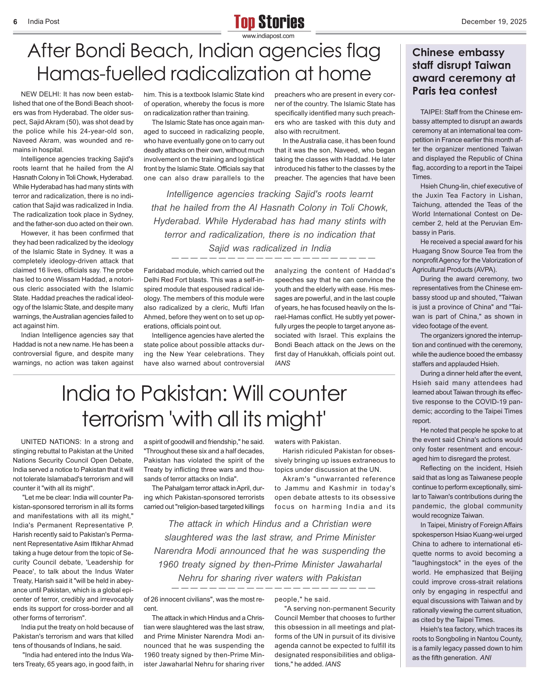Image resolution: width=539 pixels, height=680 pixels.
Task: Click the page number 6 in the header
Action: pyautogui.click(x=15, y=22)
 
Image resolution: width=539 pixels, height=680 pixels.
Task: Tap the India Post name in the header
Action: pyautogui.click(x=43, y=22)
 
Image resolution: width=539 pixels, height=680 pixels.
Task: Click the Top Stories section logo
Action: pyautogui.click(x=269, y=22)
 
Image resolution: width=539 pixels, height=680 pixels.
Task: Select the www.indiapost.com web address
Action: pyautogui.click(x=268, y=36)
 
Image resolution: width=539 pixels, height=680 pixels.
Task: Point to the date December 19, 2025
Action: pyautogui.click(x=494, y=22)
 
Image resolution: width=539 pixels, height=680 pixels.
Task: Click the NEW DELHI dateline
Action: pyautogui.click(x=40, y=94)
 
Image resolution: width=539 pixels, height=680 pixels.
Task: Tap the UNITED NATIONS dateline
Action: pyautogui.click(x=50, y=442)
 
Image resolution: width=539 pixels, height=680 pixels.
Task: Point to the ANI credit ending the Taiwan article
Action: pyautogui.click(x=486, y=658)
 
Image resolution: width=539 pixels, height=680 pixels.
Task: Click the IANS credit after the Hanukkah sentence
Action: pyautogui.click(x=282, y=363)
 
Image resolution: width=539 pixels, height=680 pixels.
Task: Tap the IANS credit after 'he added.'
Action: pyautogui.click(x=333, y=664)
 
